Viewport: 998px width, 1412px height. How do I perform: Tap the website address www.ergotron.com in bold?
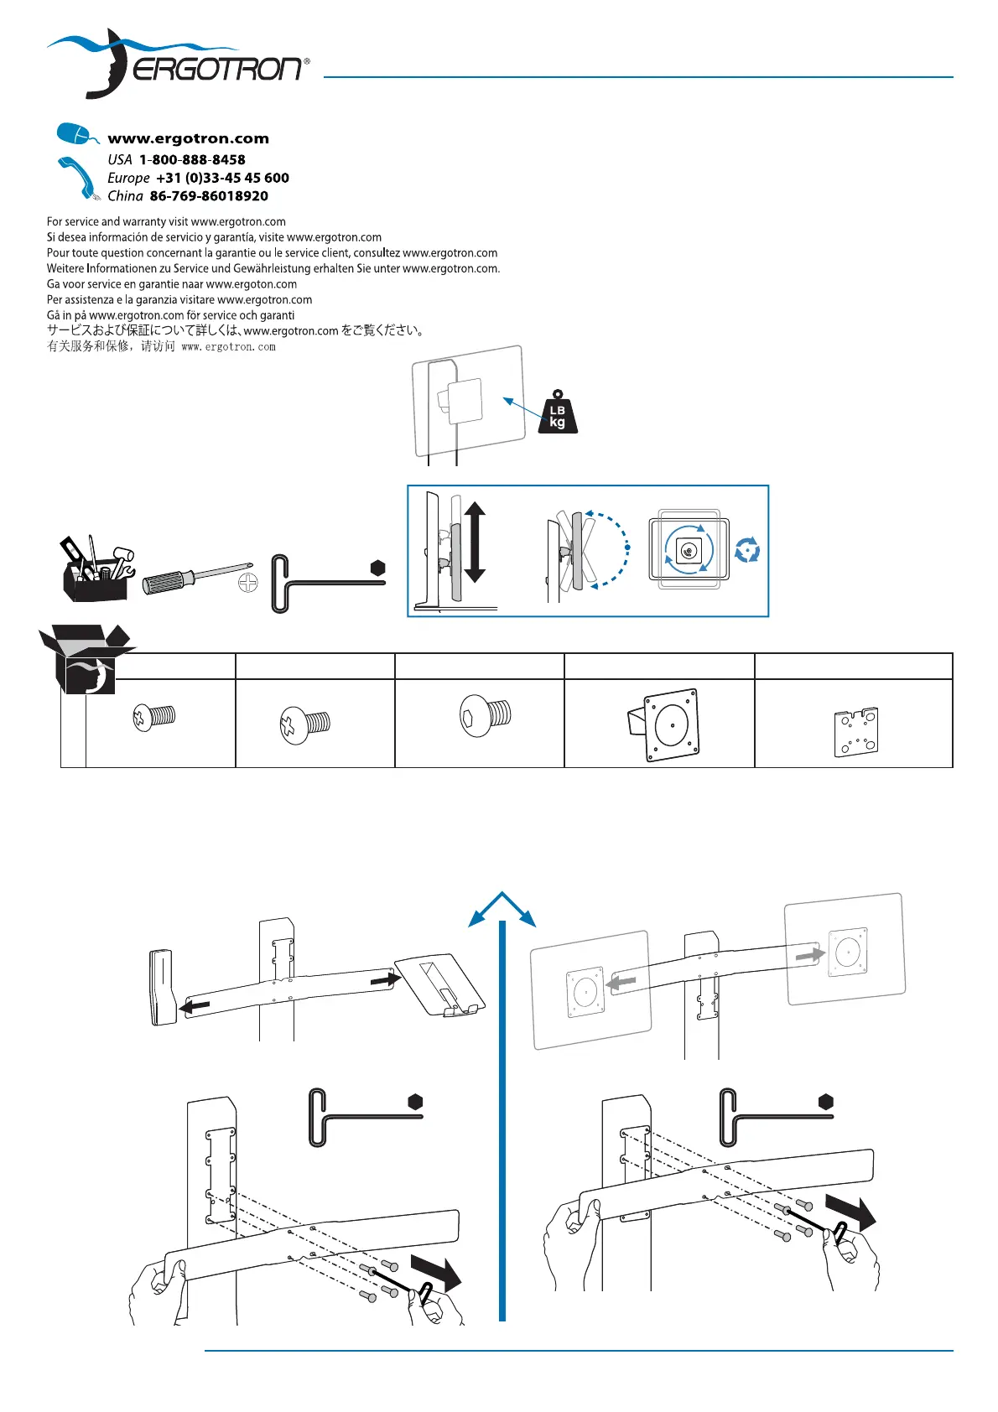pos(188,139)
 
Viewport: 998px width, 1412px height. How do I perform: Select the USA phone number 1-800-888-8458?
pos(192,159)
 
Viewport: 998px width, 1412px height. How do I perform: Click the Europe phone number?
pos(222,178)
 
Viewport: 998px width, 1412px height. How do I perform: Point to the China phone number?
pos(209,196)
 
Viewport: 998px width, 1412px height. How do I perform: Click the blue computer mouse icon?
pos(76,134)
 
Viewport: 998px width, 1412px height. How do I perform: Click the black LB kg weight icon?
pos(558,413)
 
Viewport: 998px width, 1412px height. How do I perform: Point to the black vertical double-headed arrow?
pos(475,542)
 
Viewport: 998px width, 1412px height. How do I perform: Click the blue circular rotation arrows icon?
pos(746,551)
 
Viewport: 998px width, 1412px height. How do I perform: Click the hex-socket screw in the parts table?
pos(486,715)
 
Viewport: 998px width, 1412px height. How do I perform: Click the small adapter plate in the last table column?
pos(855,732)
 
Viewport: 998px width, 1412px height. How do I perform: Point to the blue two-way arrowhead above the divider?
pos(502,907)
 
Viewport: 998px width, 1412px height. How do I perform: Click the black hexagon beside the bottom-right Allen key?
pos(826,1102)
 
